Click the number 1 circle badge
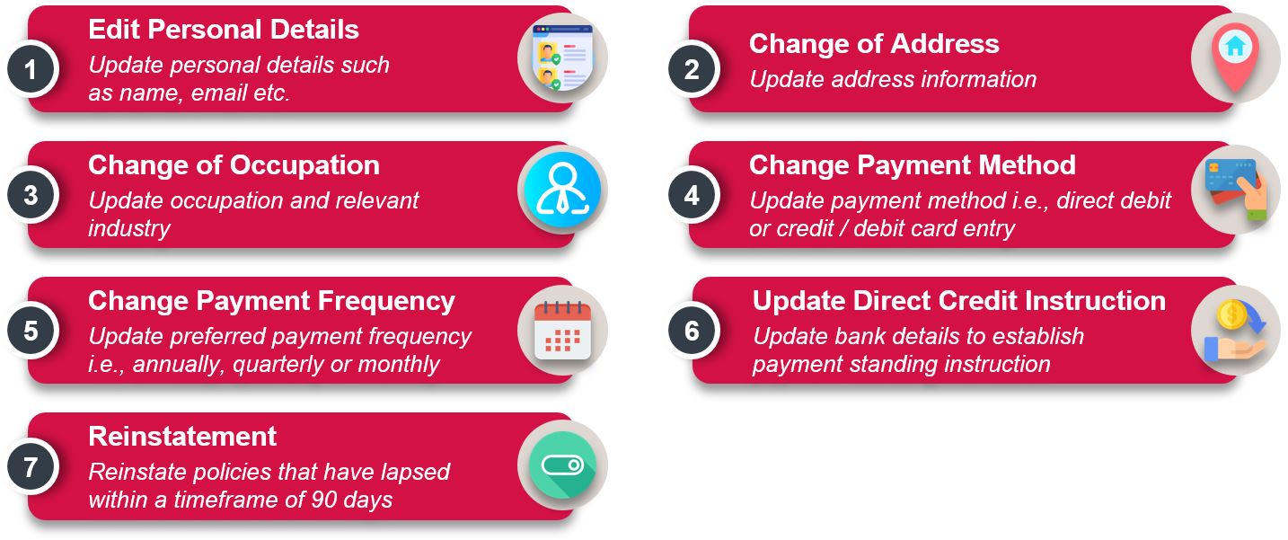(x=31, y=69)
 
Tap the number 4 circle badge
(x=692, y=195)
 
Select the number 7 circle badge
(x=31, y=466)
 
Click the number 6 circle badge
(x=692, y=331)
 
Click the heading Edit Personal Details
(x=224, y=30)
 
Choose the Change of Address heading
(x=874, y=44)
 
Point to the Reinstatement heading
(x=182, y=437)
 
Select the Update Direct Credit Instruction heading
(x=959, y=301)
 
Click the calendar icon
(x=562, y=331)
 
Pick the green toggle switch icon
(x=562, y=465)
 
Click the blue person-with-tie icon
(x=562, y=190)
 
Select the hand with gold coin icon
(x=1235, y=331)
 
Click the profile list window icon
(x=562, y=58)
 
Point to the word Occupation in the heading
(x=305, y=165)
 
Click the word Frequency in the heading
(x=386, y=301)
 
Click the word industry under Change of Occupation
(x=129, y=228)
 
